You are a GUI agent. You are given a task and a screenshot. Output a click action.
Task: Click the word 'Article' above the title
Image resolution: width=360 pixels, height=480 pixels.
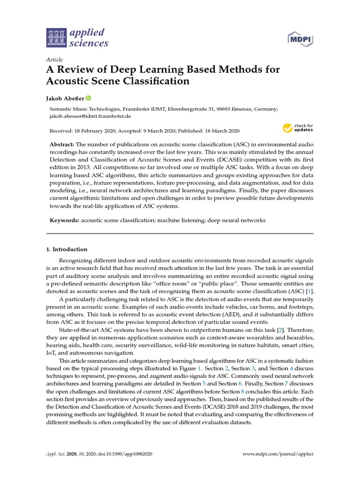pos(54,60)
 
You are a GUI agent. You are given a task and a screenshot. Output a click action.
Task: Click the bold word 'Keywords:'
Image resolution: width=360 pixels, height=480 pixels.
pos(64,220)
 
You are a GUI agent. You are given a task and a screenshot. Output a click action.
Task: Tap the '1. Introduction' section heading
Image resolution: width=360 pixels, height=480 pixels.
pos(67,249)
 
